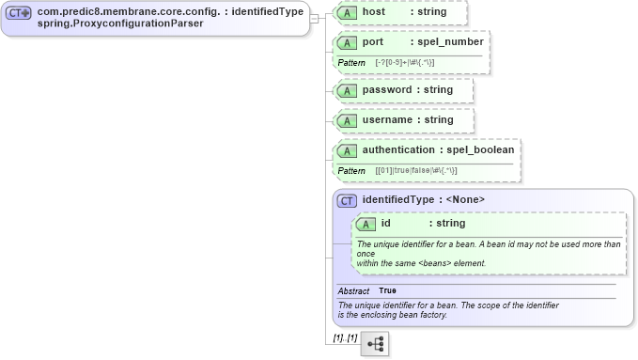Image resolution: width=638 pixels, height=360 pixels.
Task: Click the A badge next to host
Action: tap(348, 12)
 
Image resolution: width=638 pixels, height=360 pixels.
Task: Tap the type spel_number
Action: tap(451, 42)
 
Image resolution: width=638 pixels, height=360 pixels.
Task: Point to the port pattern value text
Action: tap(405, 62)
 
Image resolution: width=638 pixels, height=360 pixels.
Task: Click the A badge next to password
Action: tap(348, 90)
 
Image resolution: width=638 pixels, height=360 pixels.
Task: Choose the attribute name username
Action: tap(388, 120)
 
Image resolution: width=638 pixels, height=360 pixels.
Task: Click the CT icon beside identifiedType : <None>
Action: tap(346, 200)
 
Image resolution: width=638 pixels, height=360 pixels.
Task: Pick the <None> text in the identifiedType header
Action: tap(465, 200)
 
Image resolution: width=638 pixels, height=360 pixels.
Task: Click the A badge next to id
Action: tap(366, 224)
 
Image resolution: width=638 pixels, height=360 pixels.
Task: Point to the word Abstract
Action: tap(353, 291)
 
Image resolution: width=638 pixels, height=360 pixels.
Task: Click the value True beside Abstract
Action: tap(387, 291)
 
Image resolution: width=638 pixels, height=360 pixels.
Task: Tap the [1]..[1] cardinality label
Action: tap(345, 337)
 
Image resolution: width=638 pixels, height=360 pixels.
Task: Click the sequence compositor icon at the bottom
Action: tap(375, 344)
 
